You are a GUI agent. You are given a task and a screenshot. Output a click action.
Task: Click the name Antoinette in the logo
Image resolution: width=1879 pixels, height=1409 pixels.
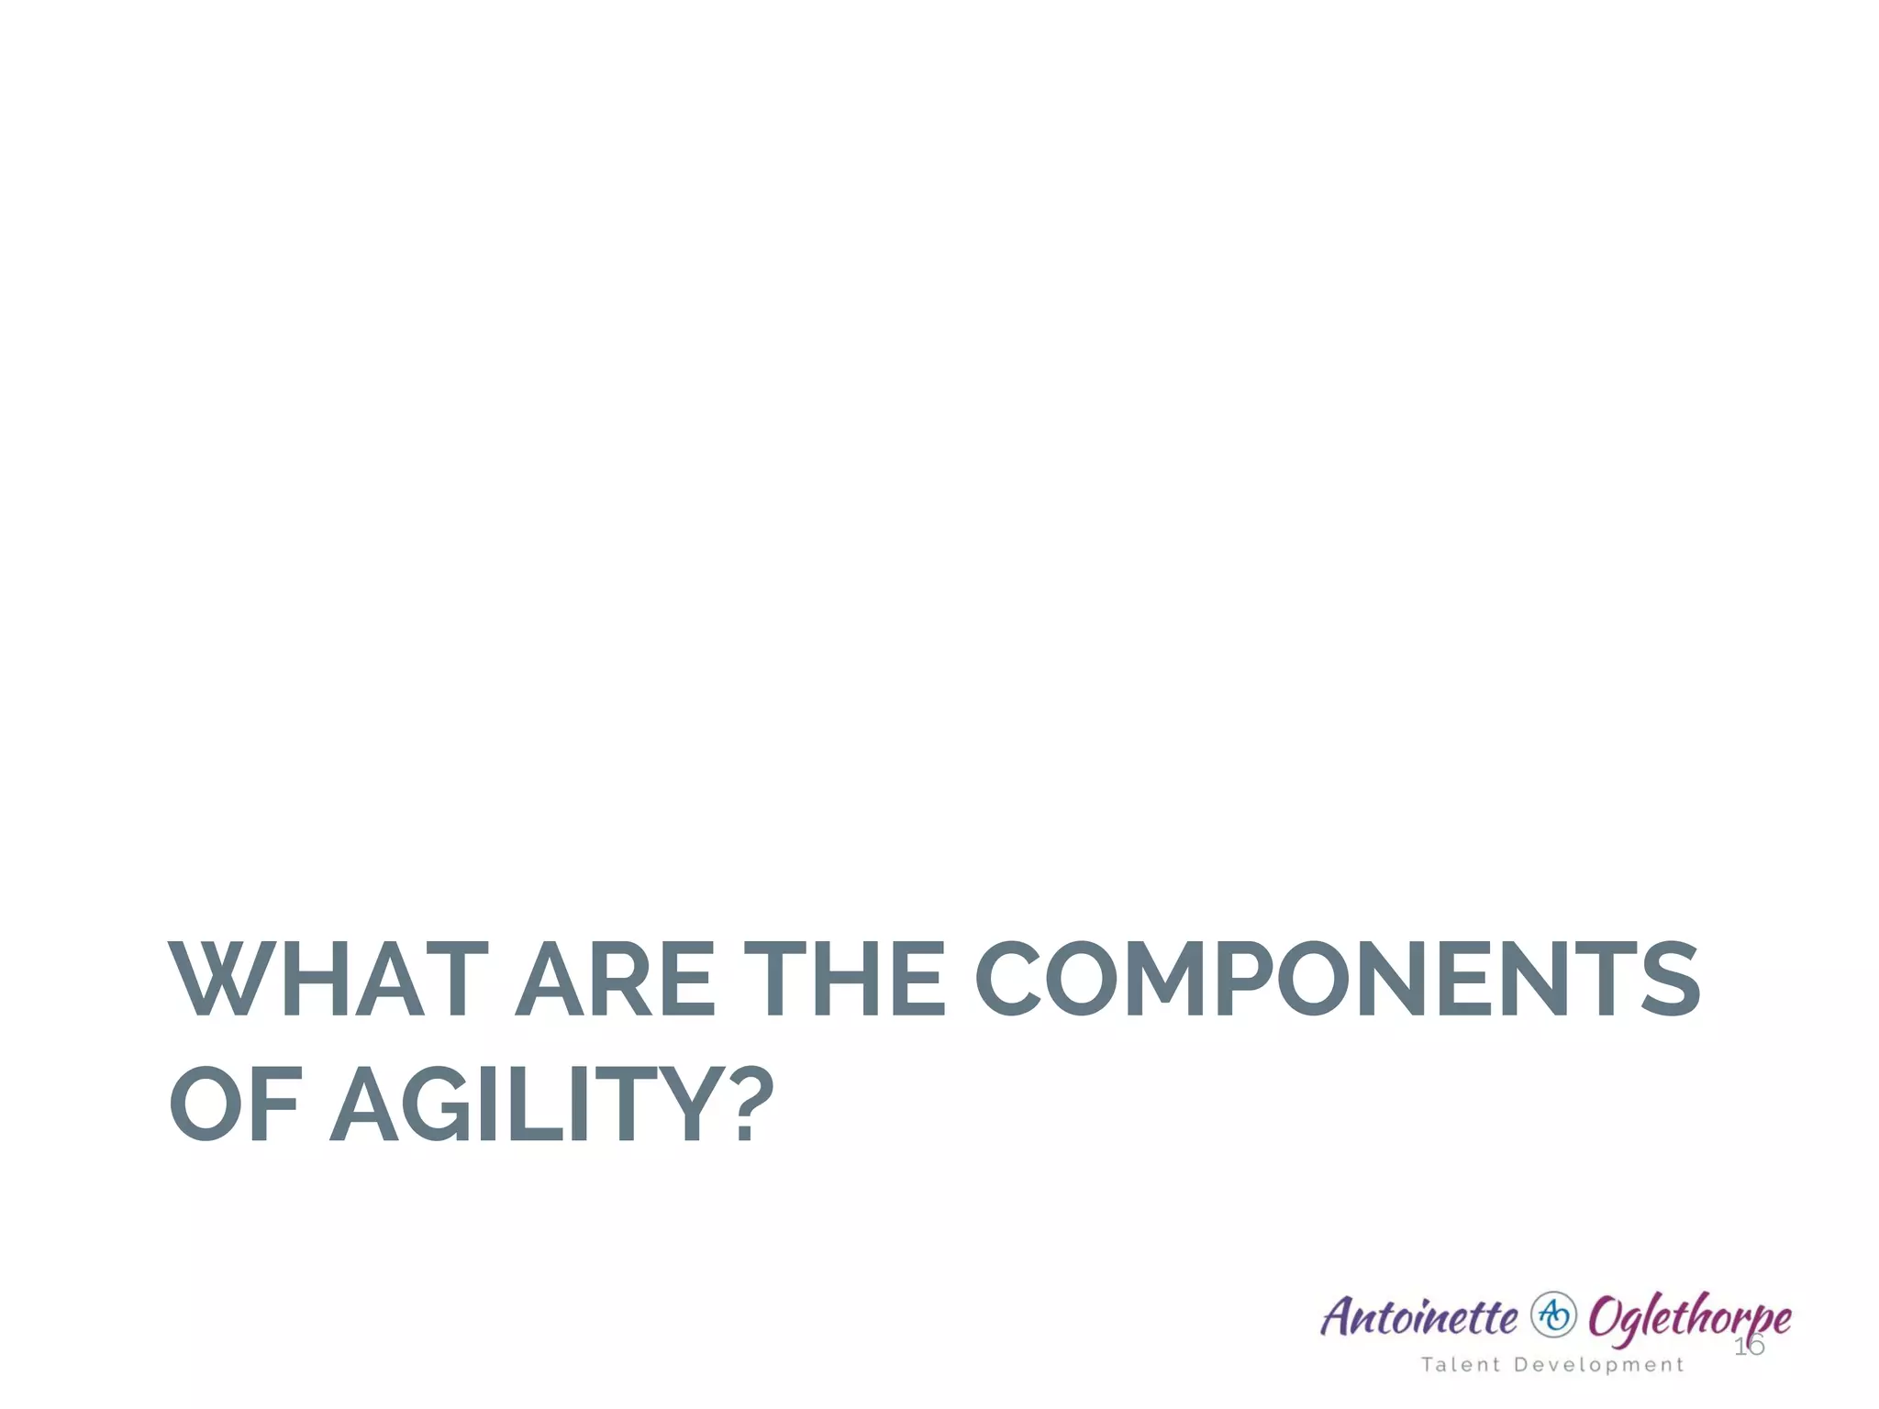[x=1418, y=1316]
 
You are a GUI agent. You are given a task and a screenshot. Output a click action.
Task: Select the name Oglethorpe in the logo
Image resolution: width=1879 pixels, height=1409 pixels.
[x=1689, y=1318]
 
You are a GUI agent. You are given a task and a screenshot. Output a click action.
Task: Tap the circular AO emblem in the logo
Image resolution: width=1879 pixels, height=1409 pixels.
[x=1553, y=1315]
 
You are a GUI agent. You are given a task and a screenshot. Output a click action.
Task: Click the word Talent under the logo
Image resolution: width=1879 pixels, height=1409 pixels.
[x=1461, y=1365]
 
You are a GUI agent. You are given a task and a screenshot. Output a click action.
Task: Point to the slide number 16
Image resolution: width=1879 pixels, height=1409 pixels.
[x=1749, y=1347]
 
